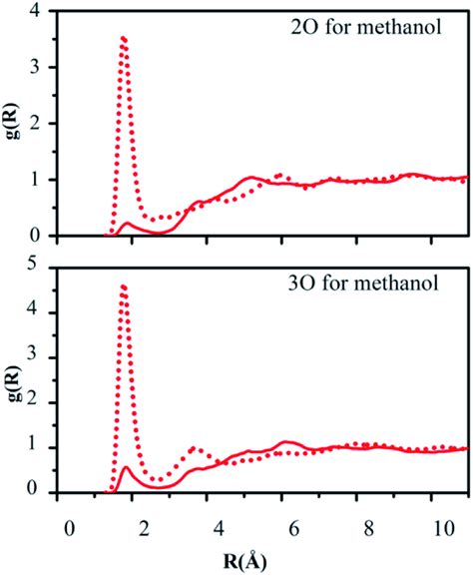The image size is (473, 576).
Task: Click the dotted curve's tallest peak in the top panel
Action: coord(123,39)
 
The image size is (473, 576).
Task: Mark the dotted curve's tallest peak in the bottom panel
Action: coord(123,287)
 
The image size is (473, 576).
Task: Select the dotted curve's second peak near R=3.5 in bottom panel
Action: coord(193,448)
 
